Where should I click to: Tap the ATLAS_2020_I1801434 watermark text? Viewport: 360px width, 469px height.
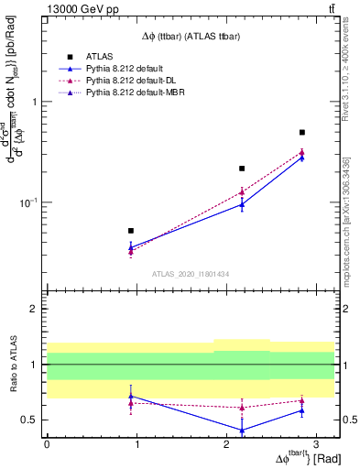point(190,274)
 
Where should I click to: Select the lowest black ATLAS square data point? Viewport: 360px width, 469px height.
point(131,231)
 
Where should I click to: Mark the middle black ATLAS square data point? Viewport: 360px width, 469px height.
point(242,169)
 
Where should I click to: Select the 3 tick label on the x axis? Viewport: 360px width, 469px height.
point(314,444)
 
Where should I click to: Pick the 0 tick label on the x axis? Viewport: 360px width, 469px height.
point(47,444)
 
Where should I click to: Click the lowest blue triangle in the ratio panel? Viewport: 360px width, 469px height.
point(242,430)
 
